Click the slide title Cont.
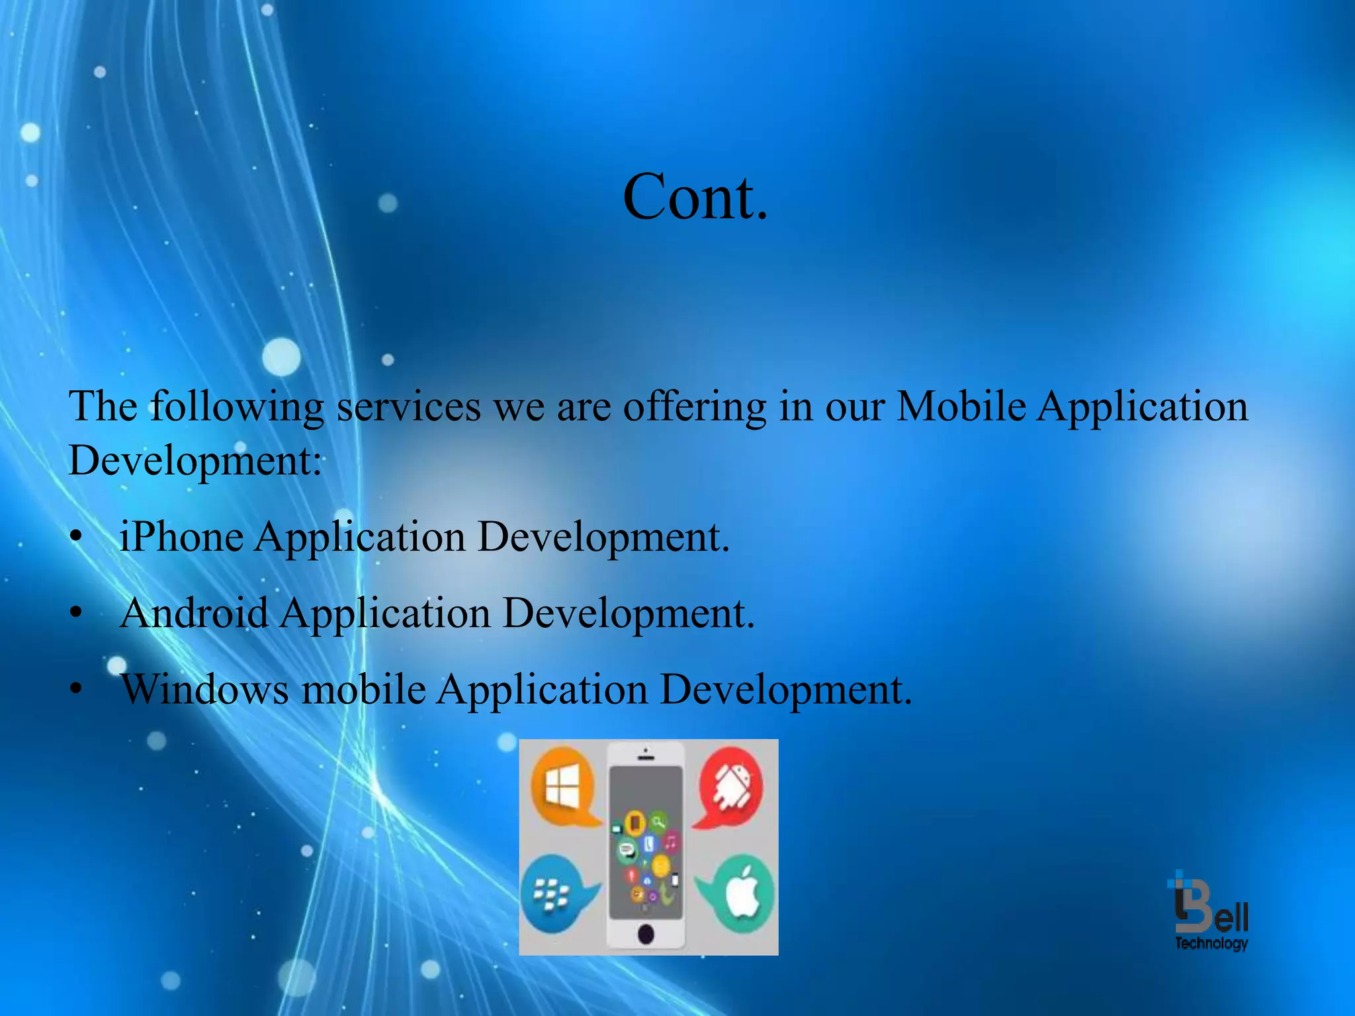[x=695, y=196]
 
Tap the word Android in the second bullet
[x=195, y=613]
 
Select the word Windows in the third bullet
[x=205, y=689]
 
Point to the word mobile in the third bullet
[x=363, y=689]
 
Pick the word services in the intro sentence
[x=409, y=405]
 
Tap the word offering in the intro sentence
[x=694, y=407]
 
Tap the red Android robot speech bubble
[x=731, y=787]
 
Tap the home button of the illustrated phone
[x=646, y=934]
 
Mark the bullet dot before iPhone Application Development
[x=77, y=536]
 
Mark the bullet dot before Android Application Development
[x=77, y=613]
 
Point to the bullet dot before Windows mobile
[x=77, y=690]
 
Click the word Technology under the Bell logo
[x=1211, y=943]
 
